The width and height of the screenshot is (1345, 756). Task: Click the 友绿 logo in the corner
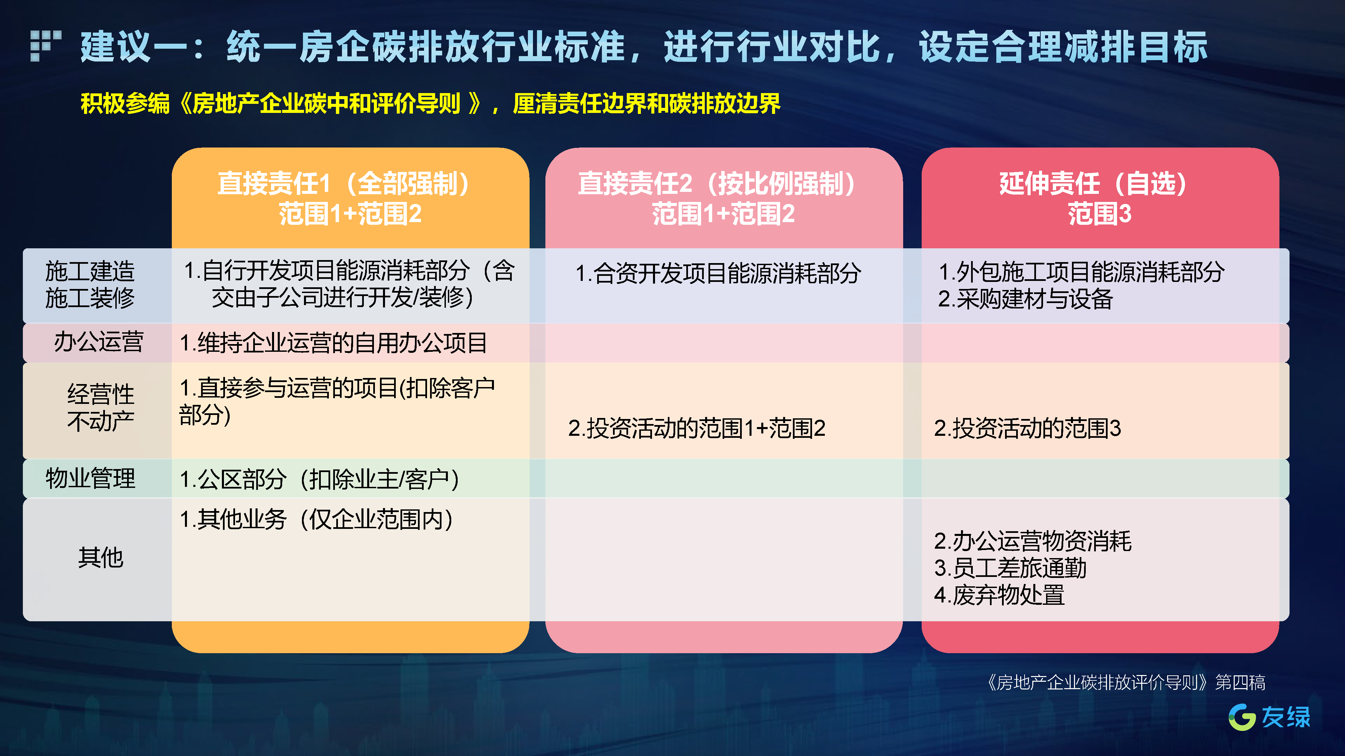[1269, 717]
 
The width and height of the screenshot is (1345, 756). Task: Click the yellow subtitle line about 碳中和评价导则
[430, 103]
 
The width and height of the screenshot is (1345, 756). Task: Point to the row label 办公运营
[99, 342]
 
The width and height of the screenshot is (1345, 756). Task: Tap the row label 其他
[101, 558]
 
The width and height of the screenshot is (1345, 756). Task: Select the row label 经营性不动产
[101, 408]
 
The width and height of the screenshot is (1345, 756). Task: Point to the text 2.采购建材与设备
[1026, 299]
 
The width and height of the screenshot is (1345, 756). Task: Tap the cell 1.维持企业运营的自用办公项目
[333, 343]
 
